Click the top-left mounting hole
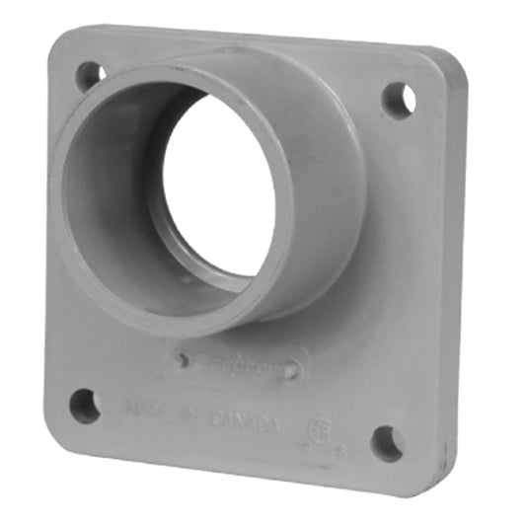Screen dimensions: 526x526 pos(91,72)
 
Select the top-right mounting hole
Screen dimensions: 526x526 pos(399,99)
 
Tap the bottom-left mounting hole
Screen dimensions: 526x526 pos(85,406)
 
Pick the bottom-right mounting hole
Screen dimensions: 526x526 pos(387,443)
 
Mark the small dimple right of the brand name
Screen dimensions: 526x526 pos(290,372)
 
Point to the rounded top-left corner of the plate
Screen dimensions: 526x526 pos(59,39)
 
